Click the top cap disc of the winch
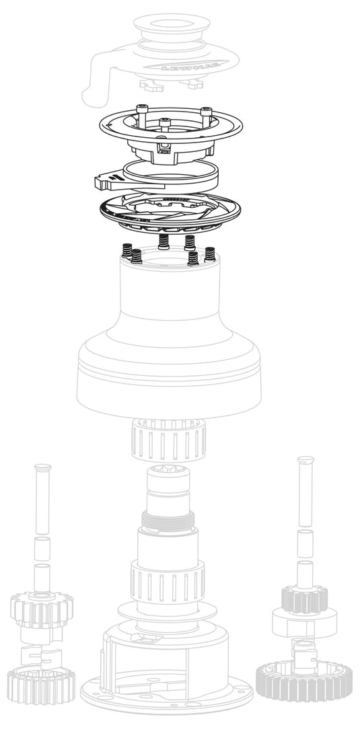pos(179,28)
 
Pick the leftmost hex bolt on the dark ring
pos(141,110)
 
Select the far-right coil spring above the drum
pos(211,254)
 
